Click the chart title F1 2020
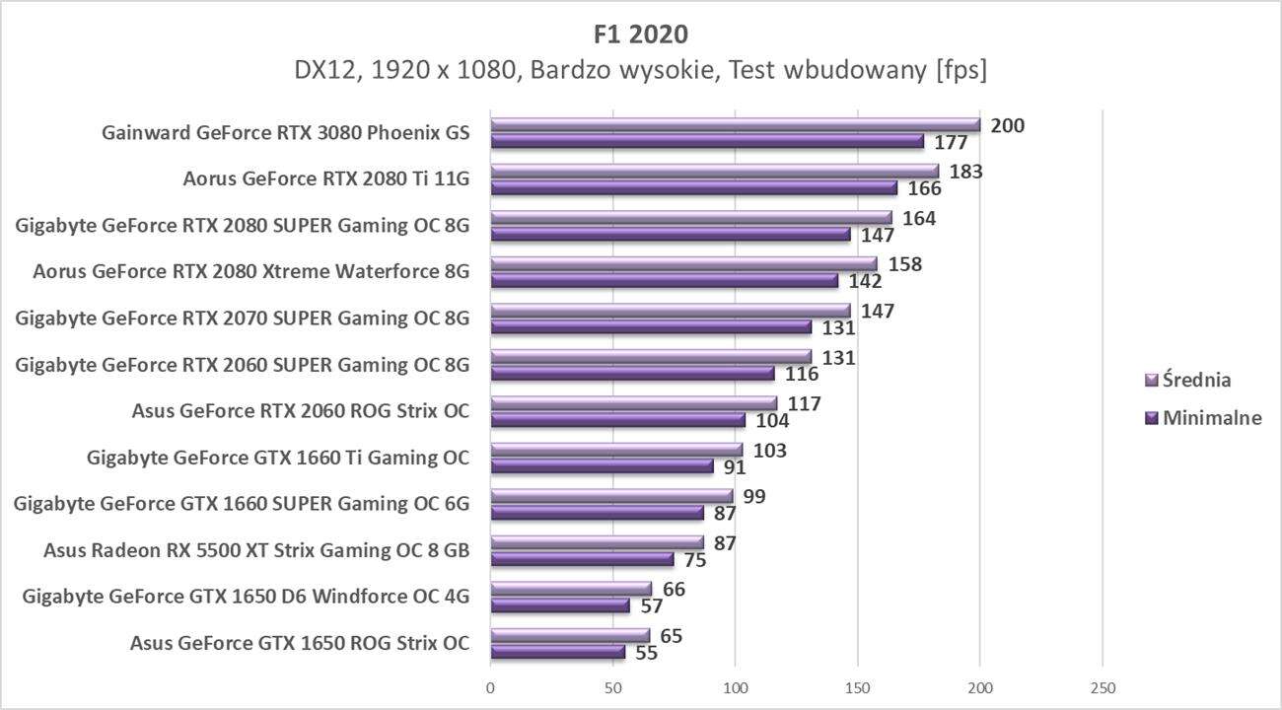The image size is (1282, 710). click(x=641, y=34)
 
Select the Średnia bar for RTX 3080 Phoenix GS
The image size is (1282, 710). click(x=735, y=125)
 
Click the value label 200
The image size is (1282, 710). click(x=1007, y=125)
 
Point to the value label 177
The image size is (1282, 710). click(x=950, y=142)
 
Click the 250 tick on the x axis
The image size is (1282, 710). click(x=1103, y=686)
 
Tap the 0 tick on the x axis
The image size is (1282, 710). click(x=490, y=686)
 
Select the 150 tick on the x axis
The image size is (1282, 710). click(x=858, y=686)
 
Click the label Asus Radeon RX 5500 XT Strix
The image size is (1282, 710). click(x=256, y=550)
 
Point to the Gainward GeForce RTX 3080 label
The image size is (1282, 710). click(x=286, y=133)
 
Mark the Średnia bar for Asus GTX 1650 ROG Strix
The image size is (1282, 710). click(x=570, y=635)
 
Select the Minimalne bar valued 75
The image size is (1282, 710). click(x=582, y=559)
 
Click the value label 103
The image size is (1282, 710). click(x=769, y=450)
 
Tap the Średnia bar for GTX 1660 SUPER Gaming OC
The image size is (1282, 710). click(x=611, y=496)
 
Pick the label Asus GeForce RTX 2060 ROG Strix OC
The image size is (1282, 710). click(x=300, y=411)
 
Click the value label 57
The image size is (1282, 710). click(x=651, y=605)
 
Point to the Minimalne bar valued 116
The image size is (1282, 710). click(x=632, y=374)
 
